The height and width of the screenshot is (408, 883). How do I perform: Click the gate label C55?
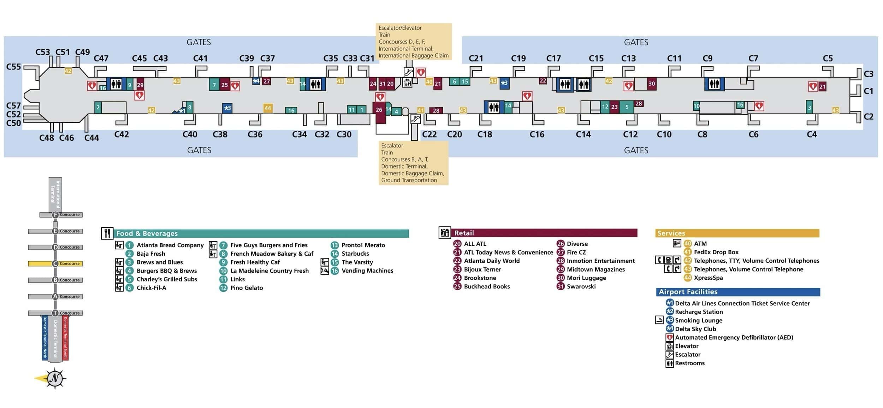[14, 67]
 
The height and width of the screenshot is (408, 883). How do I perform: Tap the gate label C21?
[475, 59]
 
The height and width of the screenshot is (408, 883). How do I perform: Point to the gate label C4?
[812, 134]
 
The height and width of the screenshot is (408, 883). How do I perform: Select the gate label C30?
[344, 134]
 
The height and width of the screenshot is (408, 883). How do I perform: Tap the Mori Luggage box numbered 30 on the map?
[652, 84]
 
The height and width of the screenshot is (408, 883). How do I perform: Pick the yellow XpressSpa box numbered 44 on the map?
[268, 108]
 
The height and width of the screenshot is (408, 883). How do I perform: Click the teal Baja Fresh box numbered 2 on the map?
[98, 108]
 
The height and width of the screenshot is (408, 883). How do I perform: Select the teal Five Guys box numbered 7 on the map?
[214, 85]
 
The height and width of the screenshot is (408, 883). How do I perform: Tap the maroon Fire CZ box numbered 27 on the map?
[267, 81]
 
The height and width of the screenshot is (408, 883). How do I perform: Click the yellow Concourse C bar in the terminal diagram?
[55, 264]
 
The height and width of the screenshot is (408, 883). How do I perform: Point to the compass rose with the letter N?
[54, 378]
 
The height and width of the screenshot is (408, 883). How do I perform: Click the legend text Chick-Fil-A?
[151, 288]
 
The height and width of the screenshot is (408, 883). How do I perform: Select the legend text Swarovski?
[581, 286]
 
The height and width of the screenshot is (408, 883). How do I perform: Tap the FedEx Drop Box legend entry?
[716, 252]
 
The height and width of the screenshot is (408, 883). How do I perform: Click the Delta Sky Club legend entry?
[695, 329]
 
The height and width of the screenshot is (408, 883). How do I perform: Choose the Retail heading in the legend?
[464, 233]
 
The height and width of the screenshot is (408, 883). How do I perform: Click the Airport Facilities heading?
[688, 292]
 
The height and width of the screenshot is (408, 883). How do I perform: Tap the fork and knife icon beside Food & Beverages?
[107, 233]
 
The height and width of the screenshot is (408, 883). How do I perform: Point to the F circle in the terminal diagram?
[55, 215]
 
